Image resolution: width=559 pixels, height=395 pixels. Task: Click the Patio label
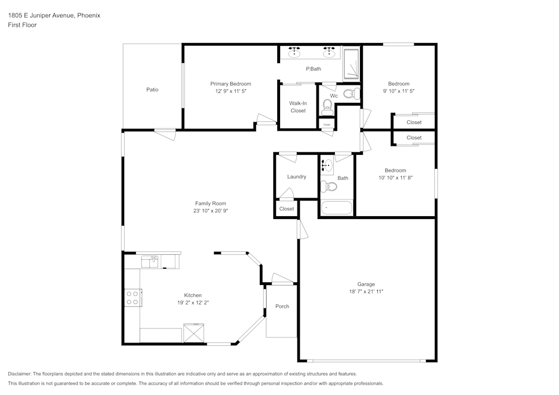(x=152, y=89)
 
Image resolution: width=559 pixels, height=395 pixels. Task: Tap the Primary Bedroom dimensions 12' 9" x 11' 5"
(x=230, y=91)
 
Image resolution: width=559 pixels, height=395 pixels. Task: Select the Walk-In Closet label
(x=298, y=107)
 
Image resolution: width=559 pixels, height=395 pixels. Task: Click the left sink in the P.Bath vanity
(x=294, y=53)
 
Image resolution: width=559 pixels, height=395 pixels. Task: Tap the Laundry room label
(x=296, y=177)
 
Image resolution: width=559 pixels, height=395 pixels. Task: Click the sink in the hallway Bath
(x=327, y=166)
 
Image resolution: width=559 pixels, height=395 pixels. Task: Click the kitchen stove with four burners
(x=132, y=297)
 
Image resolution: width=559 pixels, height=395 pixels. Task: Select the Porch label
(x=282, y=306)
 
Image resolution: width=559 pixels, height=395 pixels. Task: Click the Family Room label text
(x=210, y=203)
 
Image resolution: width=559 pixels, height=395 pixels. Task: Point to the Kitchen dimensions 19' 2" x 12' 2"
(x=193, y=302)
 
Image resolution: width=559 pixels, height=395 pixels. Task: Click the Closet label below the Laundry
(x=287, y=209)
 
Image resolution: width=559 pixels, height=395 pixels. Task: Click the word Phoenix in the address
(x=88, y=16)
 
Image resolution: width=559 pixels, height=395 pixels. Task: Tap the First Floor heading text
(x=22, y=25)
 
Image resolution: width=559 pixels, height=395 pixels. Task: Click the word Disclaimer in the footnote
(x=20, y=374)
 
